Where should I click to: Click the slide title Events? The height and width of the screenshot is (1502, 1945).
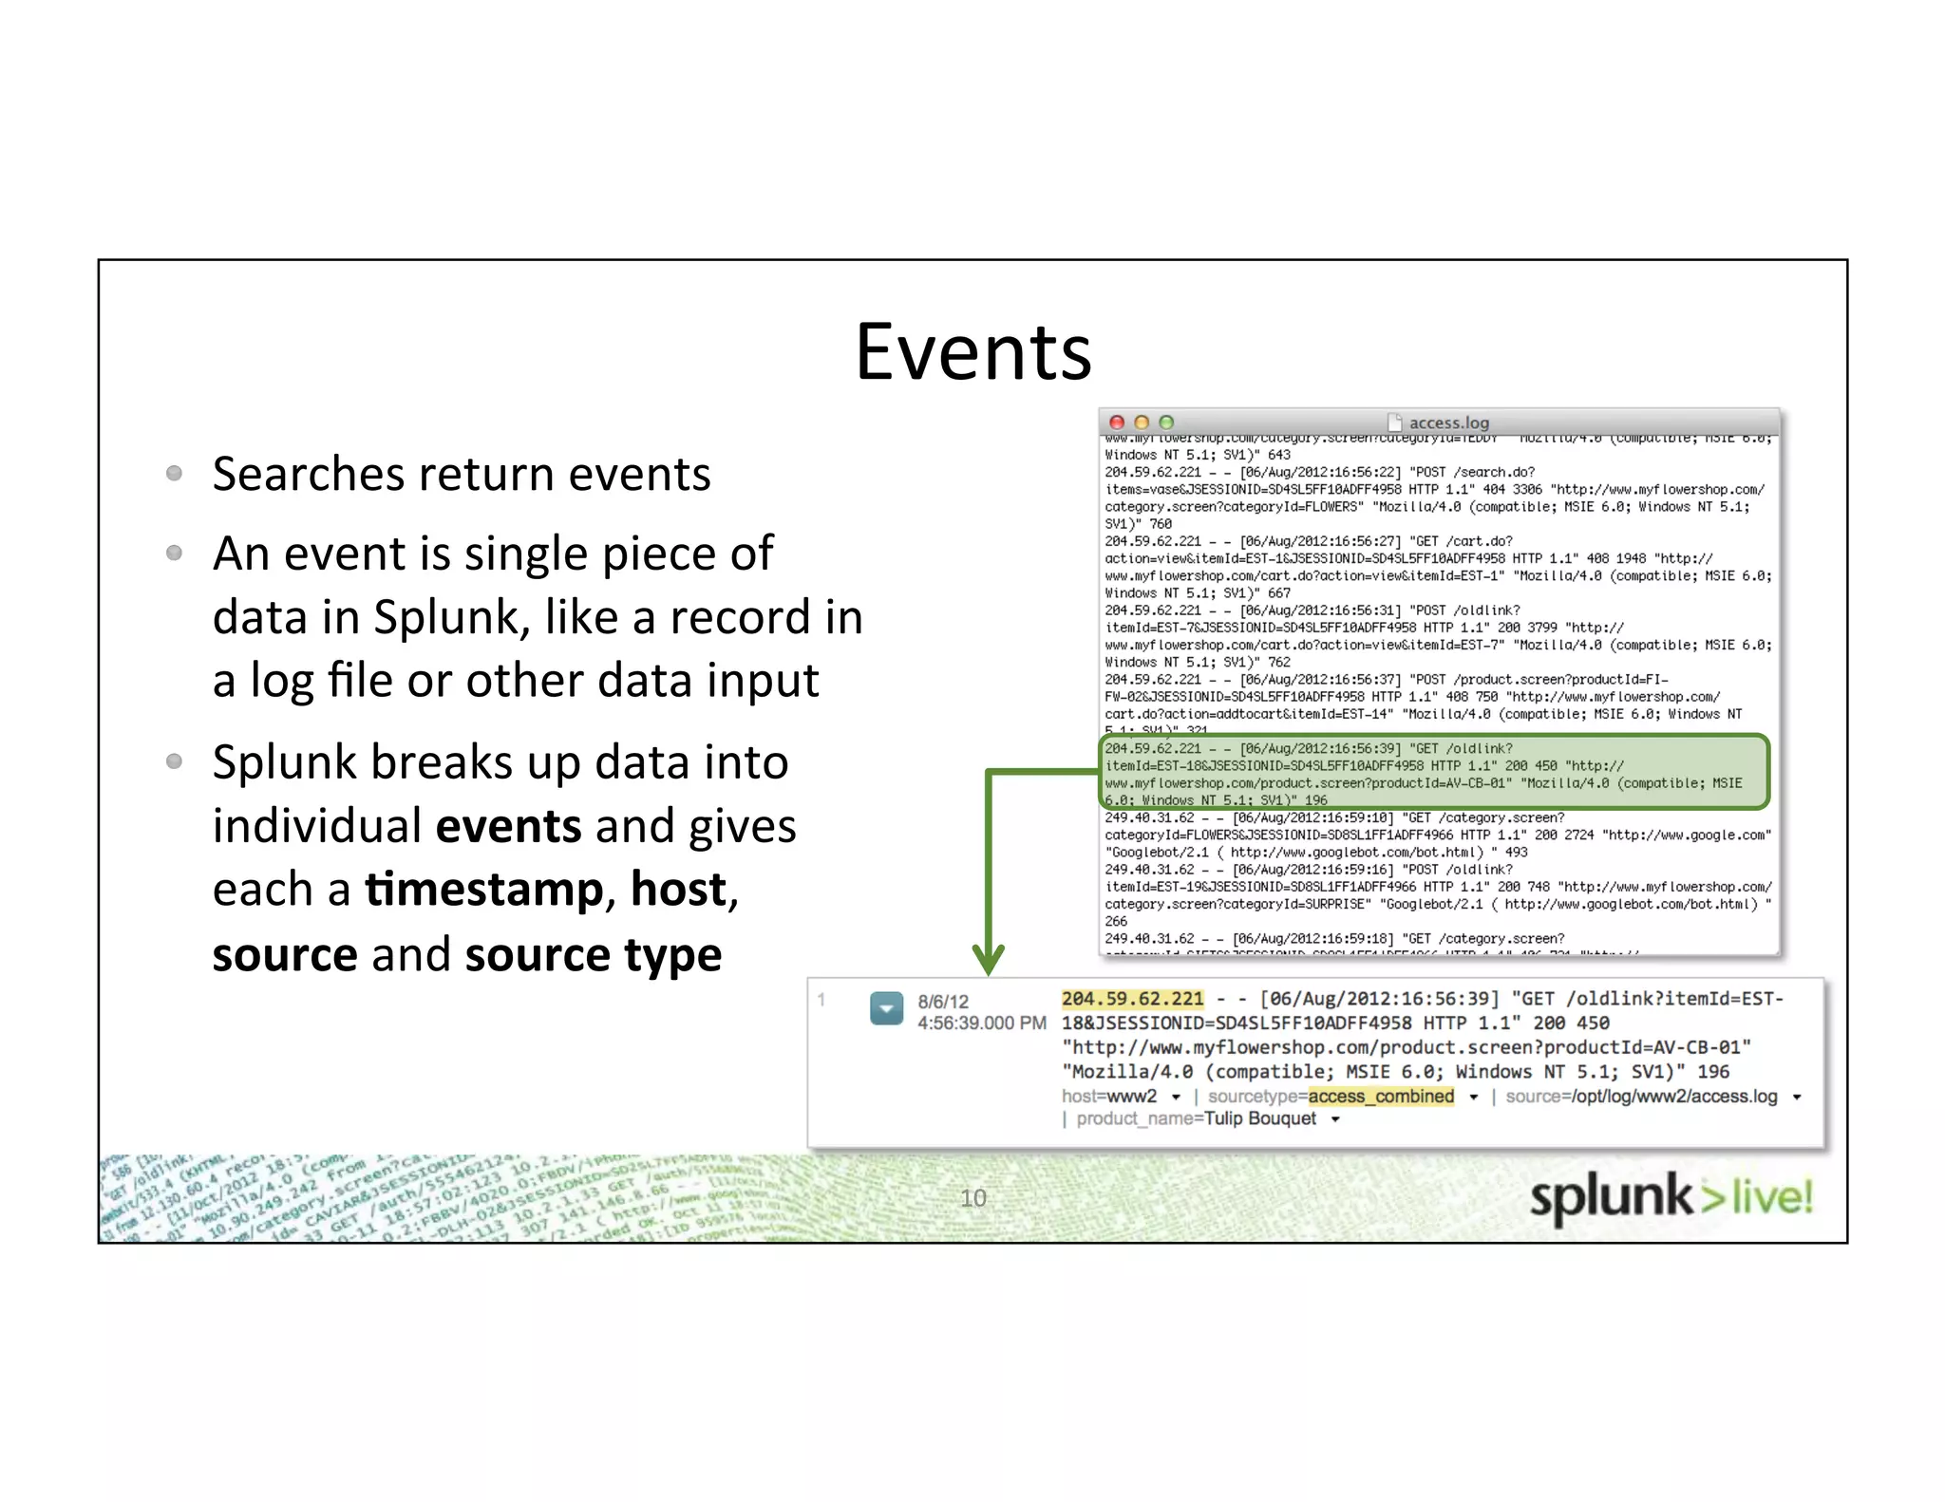(973, 352)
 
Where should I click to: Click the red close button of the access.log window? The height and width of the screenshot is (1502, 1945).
(1117, 422)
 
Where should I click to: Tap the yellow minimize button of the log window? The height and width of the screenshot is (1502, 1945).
(1142, 422)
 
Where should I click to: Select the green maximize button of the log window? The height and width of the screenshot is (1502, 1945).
(1166, 422)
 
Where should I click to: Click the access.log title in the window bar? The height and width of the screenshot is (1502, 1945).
(1448, 422)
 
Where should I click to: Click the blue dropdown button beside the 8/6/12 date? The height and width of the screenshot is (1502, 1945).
(886, 1008)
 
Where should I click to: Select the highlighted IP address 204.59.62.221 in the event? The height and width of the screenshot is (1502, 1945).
(1132, 999)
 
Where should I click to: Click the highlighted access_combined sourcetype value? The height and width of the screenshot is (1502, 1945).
(1381, 1097)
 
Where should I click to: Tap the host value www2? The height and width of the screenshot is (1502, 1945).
(1132, 1097)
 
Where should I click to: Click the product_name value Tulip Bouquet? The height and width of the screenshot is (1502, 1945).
(1259, 1119)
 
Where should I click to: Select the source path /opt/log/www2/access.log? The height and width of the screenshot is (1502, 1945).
(1674, 1097)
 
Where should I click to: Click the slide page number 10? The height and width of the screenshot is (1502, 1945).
(973, 1198)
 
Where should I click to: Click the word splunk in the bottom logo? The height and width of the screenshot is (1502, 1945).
(1611, 1198)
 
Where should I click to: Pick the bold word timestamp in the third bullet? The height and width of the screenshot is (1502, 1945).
(484, 891)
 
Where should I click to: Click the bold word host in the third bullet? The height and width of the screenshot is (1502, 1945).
(678, 890)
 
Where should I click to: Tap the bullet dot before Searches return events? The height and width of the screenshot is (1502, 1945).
(174, 473)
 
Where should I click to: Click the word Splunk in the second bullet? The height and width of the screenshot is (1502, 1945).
(445, 617)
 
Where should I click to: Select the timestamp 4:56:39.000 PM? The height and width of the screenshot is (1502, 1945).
(981, 1023)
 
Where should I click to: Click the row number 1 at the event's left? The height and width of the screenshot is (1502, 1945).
(822, 1000)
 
